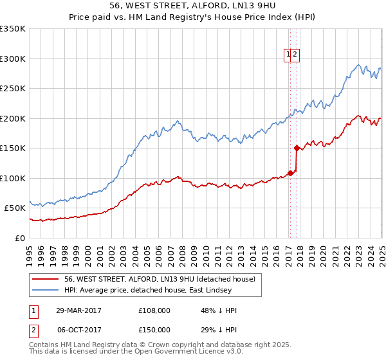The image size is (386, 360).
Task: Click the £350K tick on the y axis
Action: tap(13, 29)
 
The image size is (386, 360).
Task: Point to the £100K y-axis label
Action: tap(13, 178)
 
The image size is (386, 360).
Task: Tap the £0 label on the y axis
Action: tap(20, 238)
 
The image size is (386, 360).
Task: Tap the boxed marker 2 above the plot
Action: tap(295, 55)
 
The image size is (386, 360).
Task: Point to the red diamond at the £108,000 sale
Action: tap(290, 173)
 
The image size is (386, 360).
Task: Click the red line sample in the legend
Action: tap(45, 279)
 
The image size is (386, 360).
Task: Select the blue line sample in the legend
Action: tap(45, 289)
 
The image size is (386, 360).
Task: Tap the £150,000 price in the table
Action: tap(154, 329)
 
